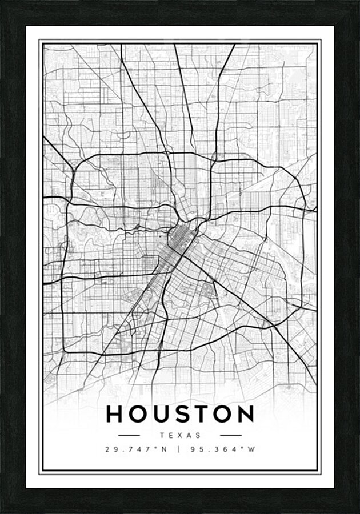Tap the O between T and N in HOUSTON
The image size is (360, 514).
[221, 414]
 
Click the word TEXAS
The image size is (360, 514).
[180, 435]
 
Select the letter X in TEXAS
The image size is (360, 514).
[180, 435]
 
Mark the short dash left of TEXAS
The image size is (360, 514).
[129, 435]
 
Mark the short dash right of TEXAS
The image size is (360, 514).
[231, 435]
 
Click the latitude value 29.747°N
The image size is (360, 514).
[135, 449]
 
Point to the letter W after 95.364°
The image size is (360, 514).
[251, 449]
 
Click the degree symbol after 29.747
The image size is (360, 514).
[154, 447]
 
